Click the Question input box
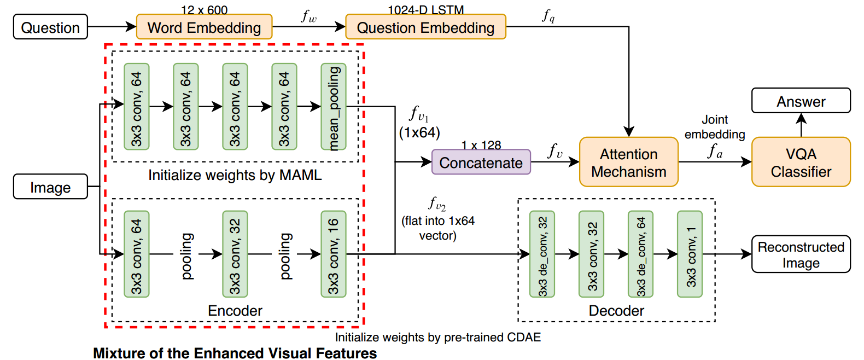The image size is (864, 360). coord(50,27)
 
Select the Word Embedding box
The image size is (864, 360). coord(204,27)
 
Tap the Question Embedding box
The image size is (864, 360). coord(425,27)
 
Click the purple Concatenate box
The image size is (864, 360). coord(481,162)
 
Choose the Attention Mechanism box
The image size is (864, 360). coord(629,162)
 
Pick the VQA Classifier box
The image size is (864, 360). coord(801,162)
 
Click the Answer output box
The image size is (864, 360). coord(801,101)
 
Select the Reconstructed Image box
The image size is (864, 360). coord(801,254)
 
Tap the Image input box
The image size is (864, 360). coord(50,187)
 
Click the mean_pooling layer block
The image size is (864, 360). coord(334,107)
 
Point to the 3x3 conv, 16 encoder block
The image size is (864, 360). coord(334,254)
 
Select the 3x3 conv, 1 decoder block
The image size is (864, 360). coord(690,254)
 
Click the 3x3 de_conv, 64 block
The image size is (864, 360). coord(641,254)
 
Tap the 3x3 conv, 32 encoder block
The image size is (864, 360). coord(235,254)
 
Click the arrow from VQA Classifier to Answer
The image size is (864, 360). coord(801,125)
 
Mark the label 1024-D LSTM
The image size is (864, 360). coord(426,10)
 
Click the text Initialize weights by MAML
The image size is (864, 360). coord(235,175)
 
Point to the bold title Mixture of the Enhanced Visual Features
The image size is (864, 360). coord(235,353)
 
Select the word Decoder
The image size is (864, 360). coord(616,311)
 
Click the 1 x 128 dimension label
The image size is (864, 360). coord(481,145)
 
